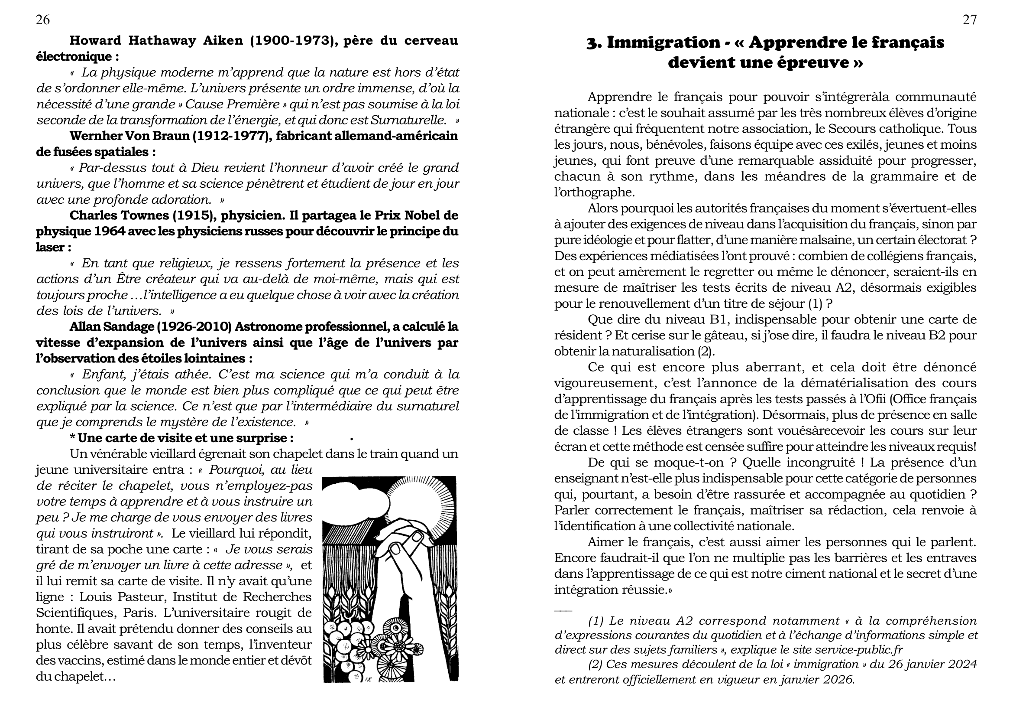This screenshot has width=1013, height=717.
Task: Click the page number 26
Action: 43,20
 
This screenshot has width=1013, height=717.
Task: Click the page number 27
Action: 969,20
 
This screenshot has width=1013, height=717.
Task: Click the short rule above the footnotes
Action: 563,611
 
